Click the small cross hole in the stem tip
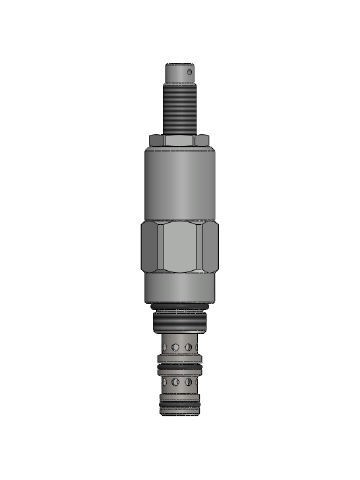[190, 71]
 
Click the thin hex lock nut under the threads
[180, 139]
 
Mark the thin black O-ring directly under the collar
[180, 305]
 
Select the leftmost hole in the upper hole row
[165, 345]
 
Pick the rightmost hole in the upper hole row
[197, 345]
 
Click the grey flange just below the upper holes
[180, 360]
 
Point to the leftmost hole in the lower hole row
[165, 382]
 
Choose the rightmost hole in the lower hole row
[197, 382]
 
